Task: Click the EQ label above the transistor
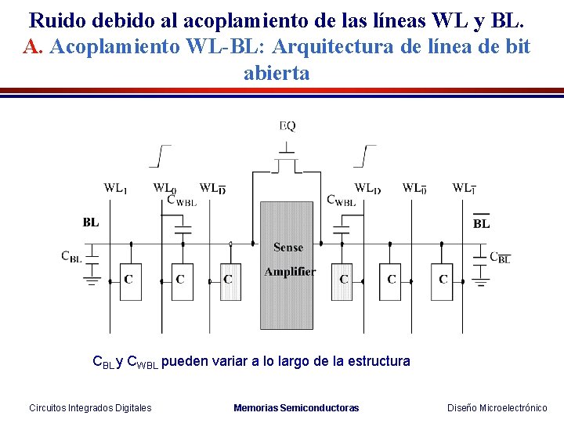point(287,125)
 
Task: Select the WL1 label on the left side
point(116,188)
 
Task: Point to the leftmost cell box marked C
point(130,280)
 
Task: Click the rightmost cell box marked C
point(443,280)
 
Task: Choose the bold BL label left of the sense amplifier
point(91,222)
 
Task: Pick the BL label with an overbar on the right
point(482,223)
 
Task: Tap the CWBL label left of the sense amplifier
point(181,201)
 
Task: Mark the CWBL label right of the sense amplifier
point(341,201)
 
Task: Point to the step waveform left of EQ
point(161,156)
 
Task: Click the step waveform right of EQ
point(365,156)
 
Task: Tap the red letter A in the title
point(31,46)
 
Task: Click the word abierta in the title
point(277,73)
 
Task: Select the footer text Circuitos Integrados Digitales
point(90,407)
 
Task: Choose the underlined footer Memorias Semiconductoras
point(296,407)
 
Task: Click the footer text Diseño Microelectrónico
point(497,407)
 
